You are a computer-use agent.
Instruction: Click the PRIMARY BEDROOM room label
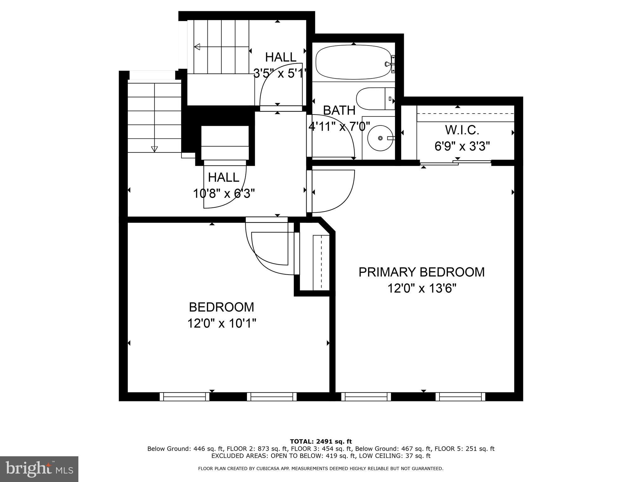(x=422, y=272)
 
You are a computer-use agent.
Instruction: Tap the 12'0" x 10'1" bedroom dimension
(x=222, y=323)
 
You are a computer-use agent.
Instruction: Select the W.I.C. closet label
(x=462, y=130)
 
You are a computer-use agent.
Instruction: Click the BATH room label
(x=339, y=110)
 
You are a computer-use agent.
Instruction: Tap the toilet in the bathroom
(x=375, y=99)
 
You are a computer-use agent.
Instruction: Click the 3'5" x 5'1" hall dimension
(x=280, y=73)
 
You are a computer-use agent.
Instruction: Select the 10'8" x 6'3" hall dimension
(x=224, y=194)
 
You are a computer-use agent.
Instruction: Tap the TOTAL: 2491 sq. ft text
(x=321, y=442)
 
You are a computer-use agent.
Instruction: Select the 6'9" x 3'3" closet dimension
(x=462, y=146)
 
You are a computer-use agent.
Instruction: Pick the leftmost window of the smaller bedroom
(x=185, y=397)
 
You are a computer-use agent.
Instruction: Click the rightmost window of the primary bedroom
(x=460, y=397)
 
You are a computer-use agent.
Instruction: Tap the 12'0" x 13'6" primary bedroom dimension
(x=422, y=288)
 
